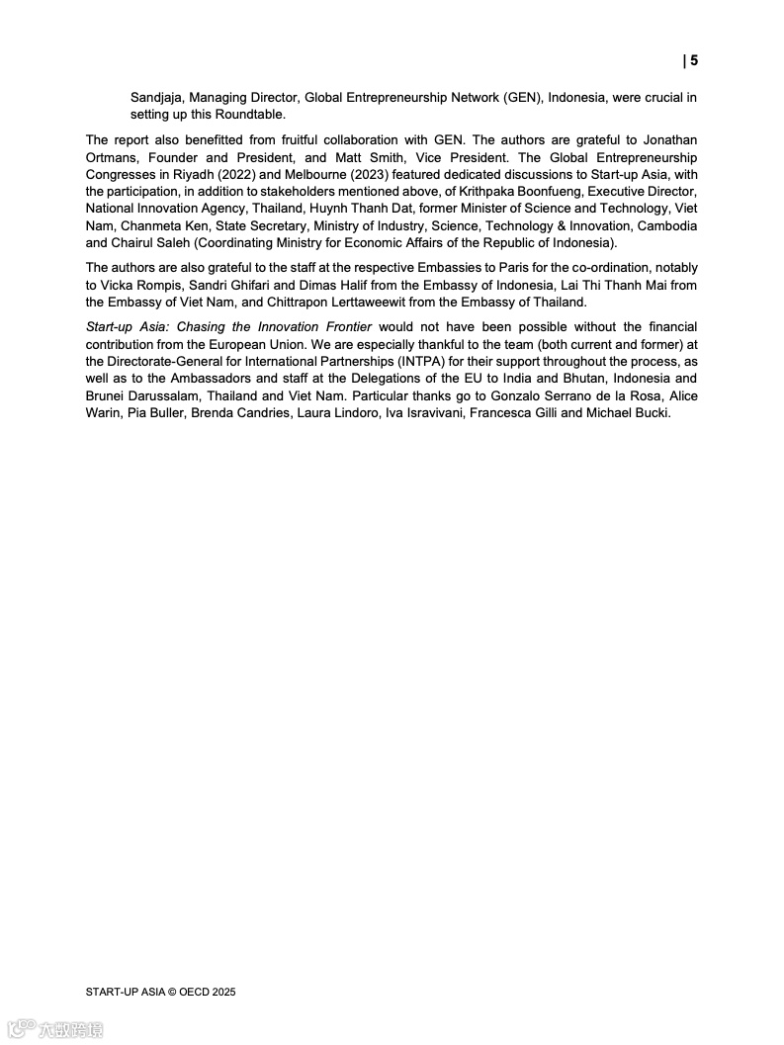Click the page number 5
pos(693,60)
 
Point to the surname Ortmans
pos(113,157)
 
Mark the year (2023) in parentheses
pos(397,174)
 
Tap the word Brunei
pos(106,395)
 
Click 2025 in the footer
pos(222,992)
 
